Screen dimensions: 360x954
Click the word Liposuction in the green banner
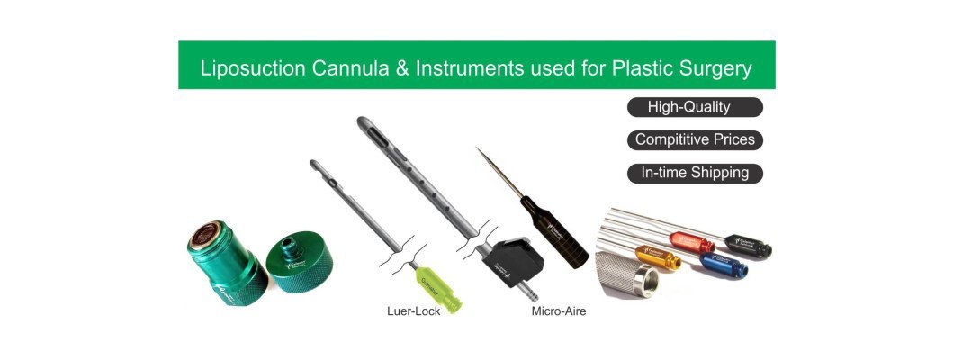(245, 68)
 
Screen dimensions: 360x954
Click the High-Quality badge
(694, 108)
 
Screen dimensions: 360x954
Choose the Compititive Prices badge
(694, 140)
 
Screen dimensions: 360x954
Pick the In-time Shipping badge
(694, 173)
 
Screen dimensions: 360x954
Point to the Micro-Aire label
(559, 312)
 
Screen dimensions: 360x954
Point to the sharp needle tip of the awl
(481, 152)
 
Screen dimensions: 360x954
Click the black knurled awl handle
(553, 229)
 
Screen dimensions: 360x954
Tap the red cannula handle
(692, 242)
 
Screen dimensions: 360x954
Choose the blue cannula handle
(724, 266)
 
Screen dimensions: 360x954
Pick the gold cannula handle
(658, 259)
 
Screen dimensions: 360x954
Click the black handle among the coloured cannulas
(748, 246)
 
